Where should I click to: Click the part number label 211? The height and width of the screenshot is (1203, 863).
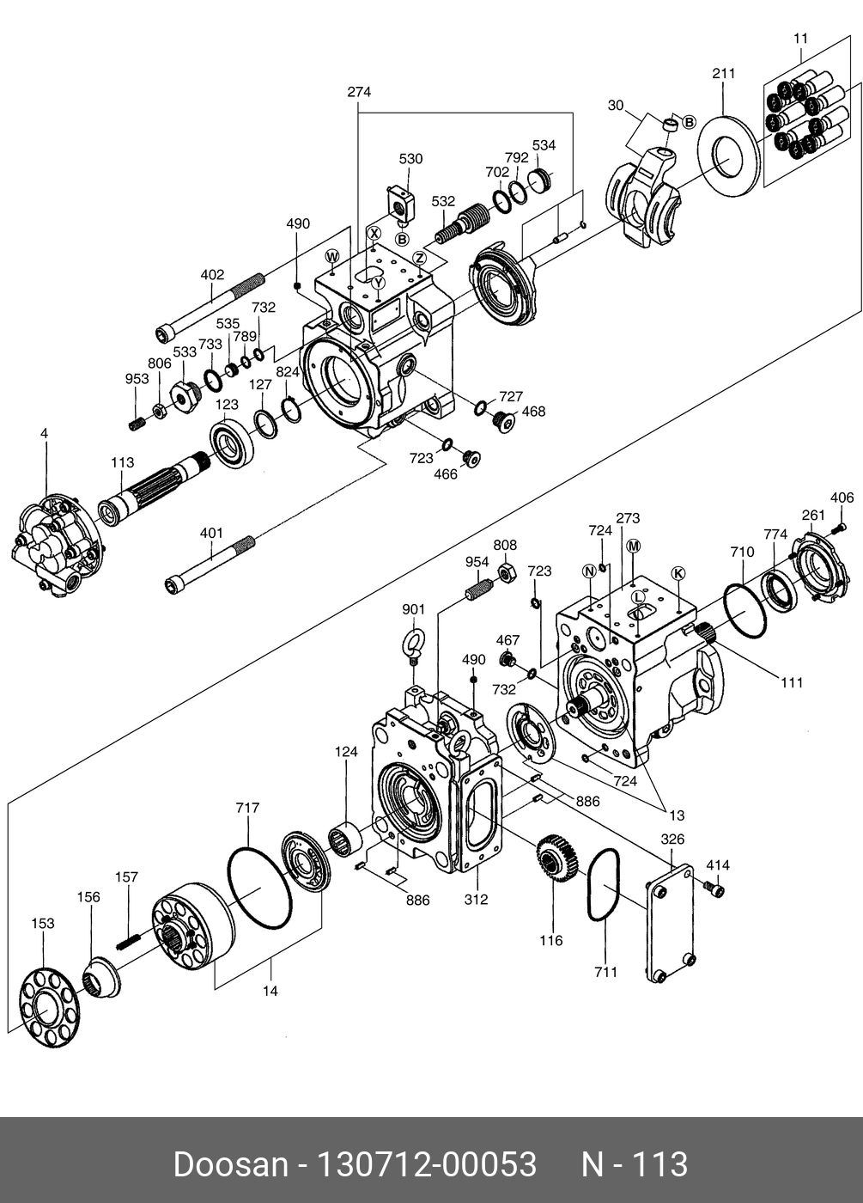pyautogui.click(x=723, y=74)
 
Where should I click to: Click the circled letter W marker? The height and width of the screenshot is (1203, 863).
pyautogui.click(x=333, y=256)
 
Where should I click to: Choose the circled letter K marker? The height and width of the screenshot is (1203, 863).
pyautogui.click(x=678, y=574)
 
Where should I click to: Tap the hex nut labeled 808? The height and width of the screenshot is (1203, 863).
pyautogui.click(x=506, y=573)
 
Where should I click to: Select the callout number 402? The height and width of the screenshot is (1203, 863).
pyautogui.click(x=213, y=275)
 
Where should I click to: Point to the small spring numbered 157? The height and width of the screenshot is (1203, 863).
pyautogui.click(x=129, y=941)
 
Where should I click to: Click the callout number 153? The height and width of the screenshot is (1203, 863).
pyautogui.click(x=43, y=924)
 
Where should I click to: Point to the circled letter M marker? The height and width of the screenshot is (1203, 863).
pyautogui.click(x=634, y=547)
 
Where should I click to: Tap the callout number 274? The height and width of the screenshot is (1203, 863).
pyautogui.click(x=359, y=93)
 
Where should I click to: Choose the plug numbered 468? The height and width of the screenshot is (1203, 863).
pyautogui.click(x=503, y=422)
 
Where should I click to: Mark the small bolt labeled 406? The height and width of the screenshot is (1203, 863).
pyautogui.click(x=839, y=528)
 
